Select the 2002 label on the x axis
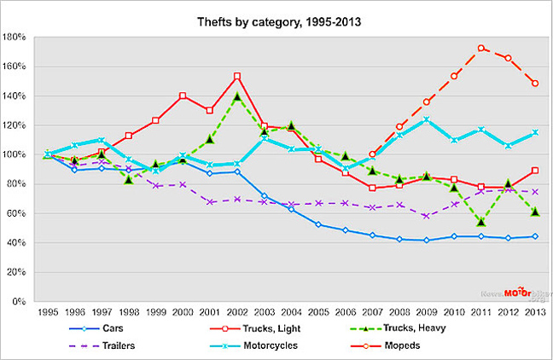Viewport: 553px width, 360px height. pyautogui.click(x=236, y=311)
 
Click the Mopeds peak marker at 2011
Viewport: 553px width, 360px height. pyautogui.click(x=482, y=49)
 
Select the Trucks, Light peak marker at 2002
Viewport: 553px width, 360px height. pyautogui.click(x=237, y=77)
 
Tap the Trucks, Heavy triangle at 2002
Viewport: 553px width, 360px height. pyautogui.click(x=237, y=96)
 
